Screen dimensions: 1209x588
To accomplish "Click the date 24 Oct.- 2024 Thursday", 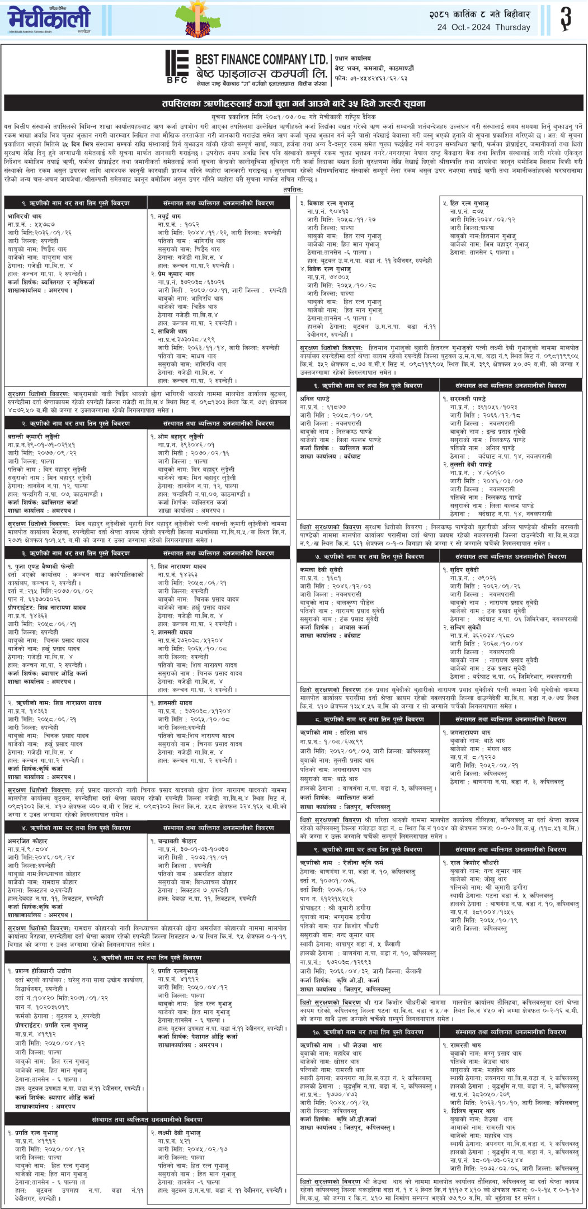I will [x=484, y=27].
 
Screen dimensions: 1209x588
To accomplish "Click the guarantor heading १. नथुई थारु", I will [x=166, y=215].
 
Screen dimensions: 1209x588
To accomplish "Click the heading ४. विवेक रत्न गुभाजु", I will [x=329, y=269].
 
